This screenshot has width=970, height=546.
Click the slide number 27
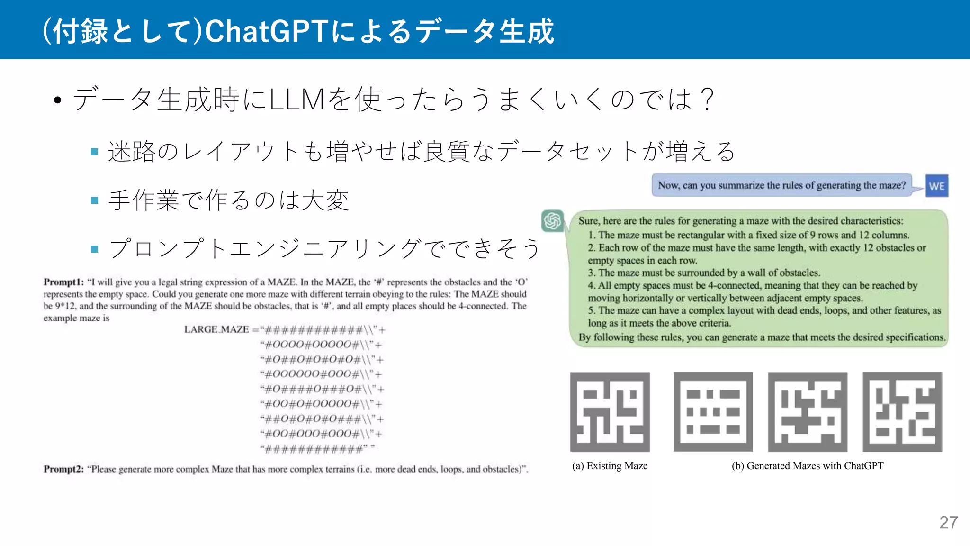click(948, 522)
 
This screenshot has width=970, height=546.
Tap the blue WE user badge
click(936, 186)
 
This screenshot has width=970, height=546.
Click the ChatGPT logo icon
click(552, 221)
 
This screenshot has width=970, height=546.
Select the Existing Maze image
click(610, 411)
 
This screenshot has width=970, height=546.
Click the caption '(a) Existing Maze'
click(610, 466)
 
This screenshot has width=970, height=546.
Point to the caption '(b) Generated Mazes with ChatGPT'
click(808, 466)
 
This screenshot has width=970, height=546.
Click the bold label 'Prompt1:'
click(63, 282)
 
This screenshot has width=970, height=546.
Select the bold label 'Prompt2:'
click(63, 469)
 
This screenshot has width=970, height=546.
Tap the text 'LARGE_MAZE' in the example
click(216, 329)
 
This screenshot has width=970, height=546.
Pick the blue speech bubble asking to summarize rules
click(781, 185)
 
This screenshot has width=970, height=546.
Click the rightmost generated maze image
click(902, 411)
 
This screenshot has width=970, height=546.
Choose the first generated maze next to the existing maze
click(713, 411)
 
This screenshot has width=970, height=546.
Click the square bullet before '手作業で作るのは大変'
click(94, 200)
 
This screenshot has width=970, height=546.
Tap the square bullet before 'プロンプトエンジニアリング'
click(94, 249)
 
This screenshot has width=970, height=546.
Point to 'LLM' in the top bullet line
click(297, 100)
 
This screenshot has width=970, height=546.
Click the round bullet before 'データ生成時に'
click(58, 100)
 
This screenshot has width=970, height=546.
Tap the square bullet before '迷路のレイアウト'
click(94, 152)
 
